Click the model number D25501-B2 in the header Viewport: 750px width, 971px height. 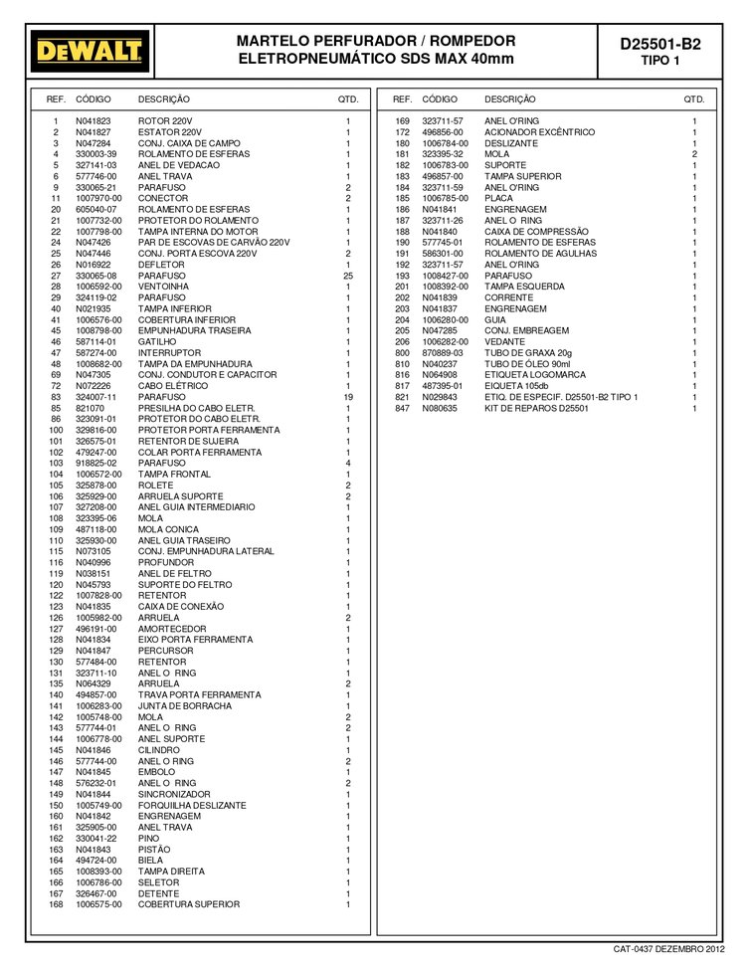coord(659,44)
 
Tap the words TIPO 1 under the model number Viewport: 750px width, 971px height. coord(660,61)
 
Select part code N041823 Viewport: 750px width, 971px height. coord(93,120)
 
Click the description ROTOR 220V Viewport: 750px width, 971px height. coord(165,120)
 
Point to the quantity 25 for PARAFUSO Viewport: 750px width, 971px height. coord(348,276)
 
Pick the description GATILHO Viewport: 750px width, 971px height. coord(156,341)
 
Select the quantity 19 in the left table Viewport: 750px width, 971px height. coord(348,397)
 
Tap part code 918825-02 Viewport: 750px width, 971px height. coord(96,463)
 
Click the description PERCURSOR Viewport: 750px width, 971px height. coord(163,651)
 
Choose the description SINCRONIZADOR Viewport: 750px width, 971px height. coord(174,794)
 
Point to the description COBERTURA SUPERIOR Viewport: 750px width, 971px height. coord(189,904)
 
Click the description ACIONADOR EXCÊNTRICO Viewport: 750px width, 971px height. coord(540,131)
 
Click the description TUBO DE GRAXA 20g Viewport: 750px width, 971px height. coord(528,352)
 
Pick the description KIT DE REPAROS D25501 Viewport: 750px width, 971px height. coord(537,408)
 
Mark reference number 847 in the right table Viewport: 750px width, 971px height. coord(402,408)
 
